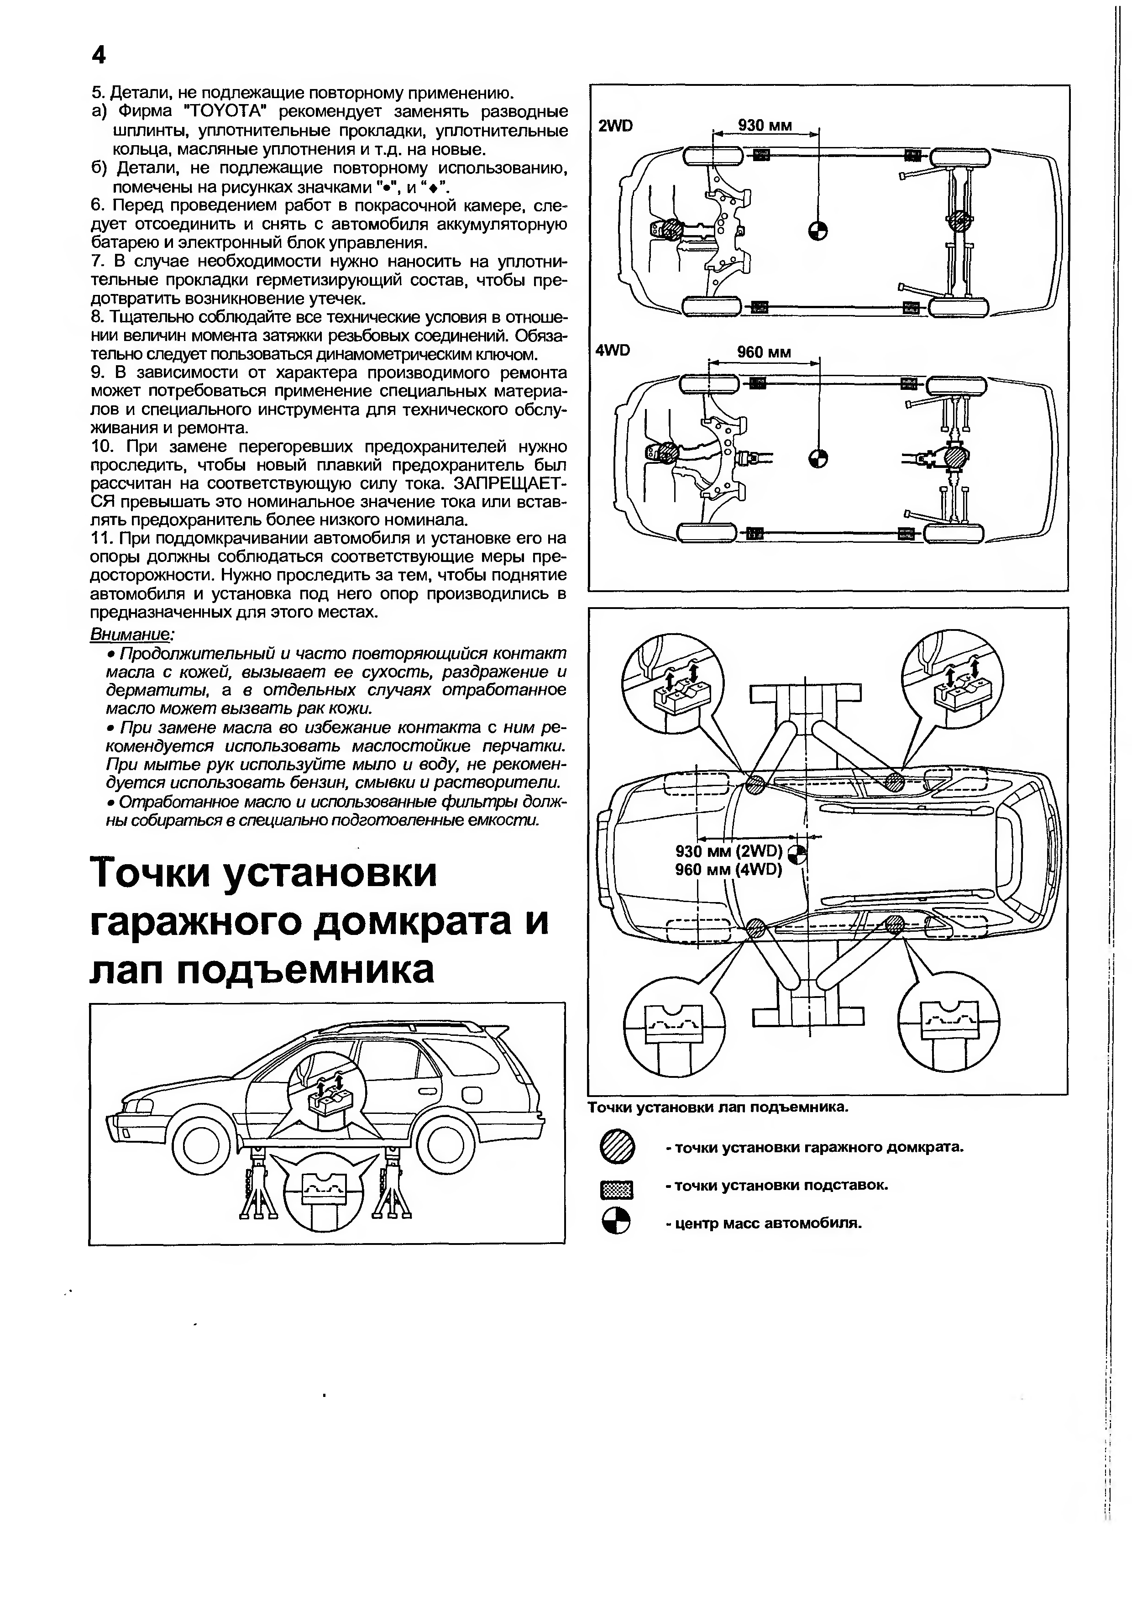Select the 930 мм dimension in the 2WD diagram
[765, 126]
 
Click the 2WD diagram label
[615, 126]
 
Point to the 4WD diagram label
[613, 351]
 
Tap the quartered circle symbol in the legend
[616, 1223]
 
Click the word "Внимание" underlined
[131, 635]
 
